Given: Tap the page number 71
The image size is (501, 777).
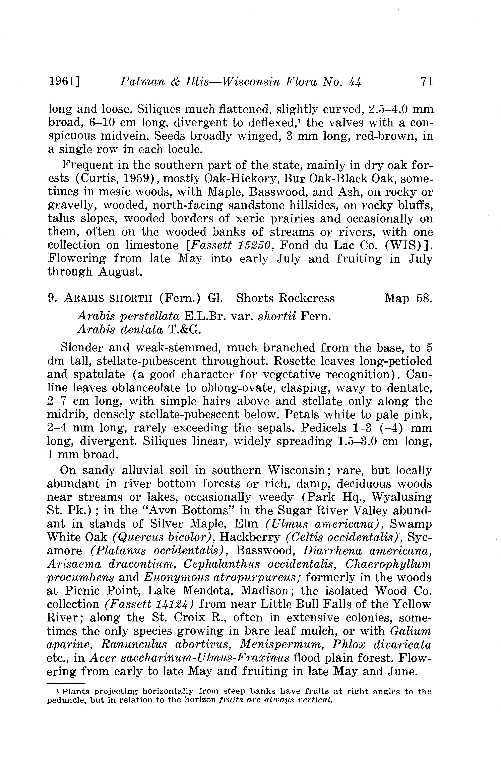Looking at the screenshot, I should [x=427, y=81].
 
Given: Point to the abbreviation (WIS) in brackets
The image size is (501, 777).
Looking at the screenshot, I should [x=406, y=245].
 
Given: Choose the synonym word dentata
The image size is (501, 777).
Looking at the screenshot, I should [x=142, y=330].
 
